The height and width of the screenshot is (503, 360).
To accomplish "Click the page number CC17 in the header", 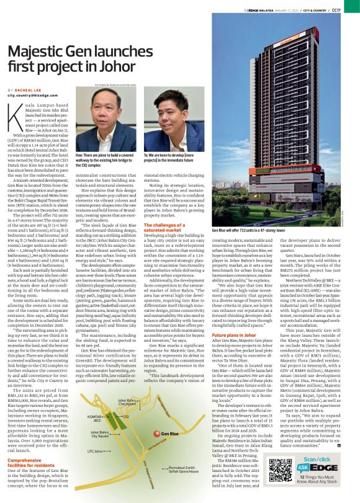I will (349, 9).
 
